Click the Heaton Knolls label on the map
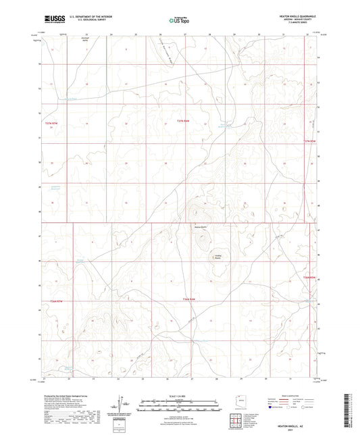tap(201, 226)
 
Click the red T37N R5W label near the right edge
tap(309, 140)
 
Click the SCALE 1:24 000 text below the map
tap(180, 396)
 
